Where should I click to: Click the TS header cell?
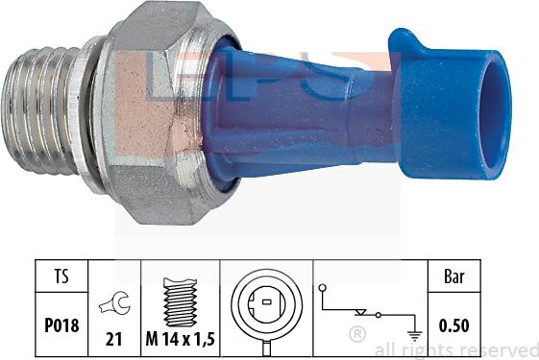coord(61,276)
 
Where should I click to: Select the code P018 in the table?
coord(61,325)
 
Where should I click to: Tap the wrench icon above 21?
coord(114,302)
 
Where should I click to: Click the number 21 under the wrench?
coord(113,339)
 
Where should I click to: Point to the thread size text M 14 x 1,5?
coord(180,339)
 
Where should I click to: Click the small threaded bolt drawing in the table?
coord(180,302)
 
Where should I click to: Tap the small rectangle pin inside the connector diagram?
coord(267,302)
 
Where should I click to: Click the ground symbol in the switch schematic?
coord(414,336)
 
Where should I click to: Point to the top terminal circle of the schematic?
coord(323,288)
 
